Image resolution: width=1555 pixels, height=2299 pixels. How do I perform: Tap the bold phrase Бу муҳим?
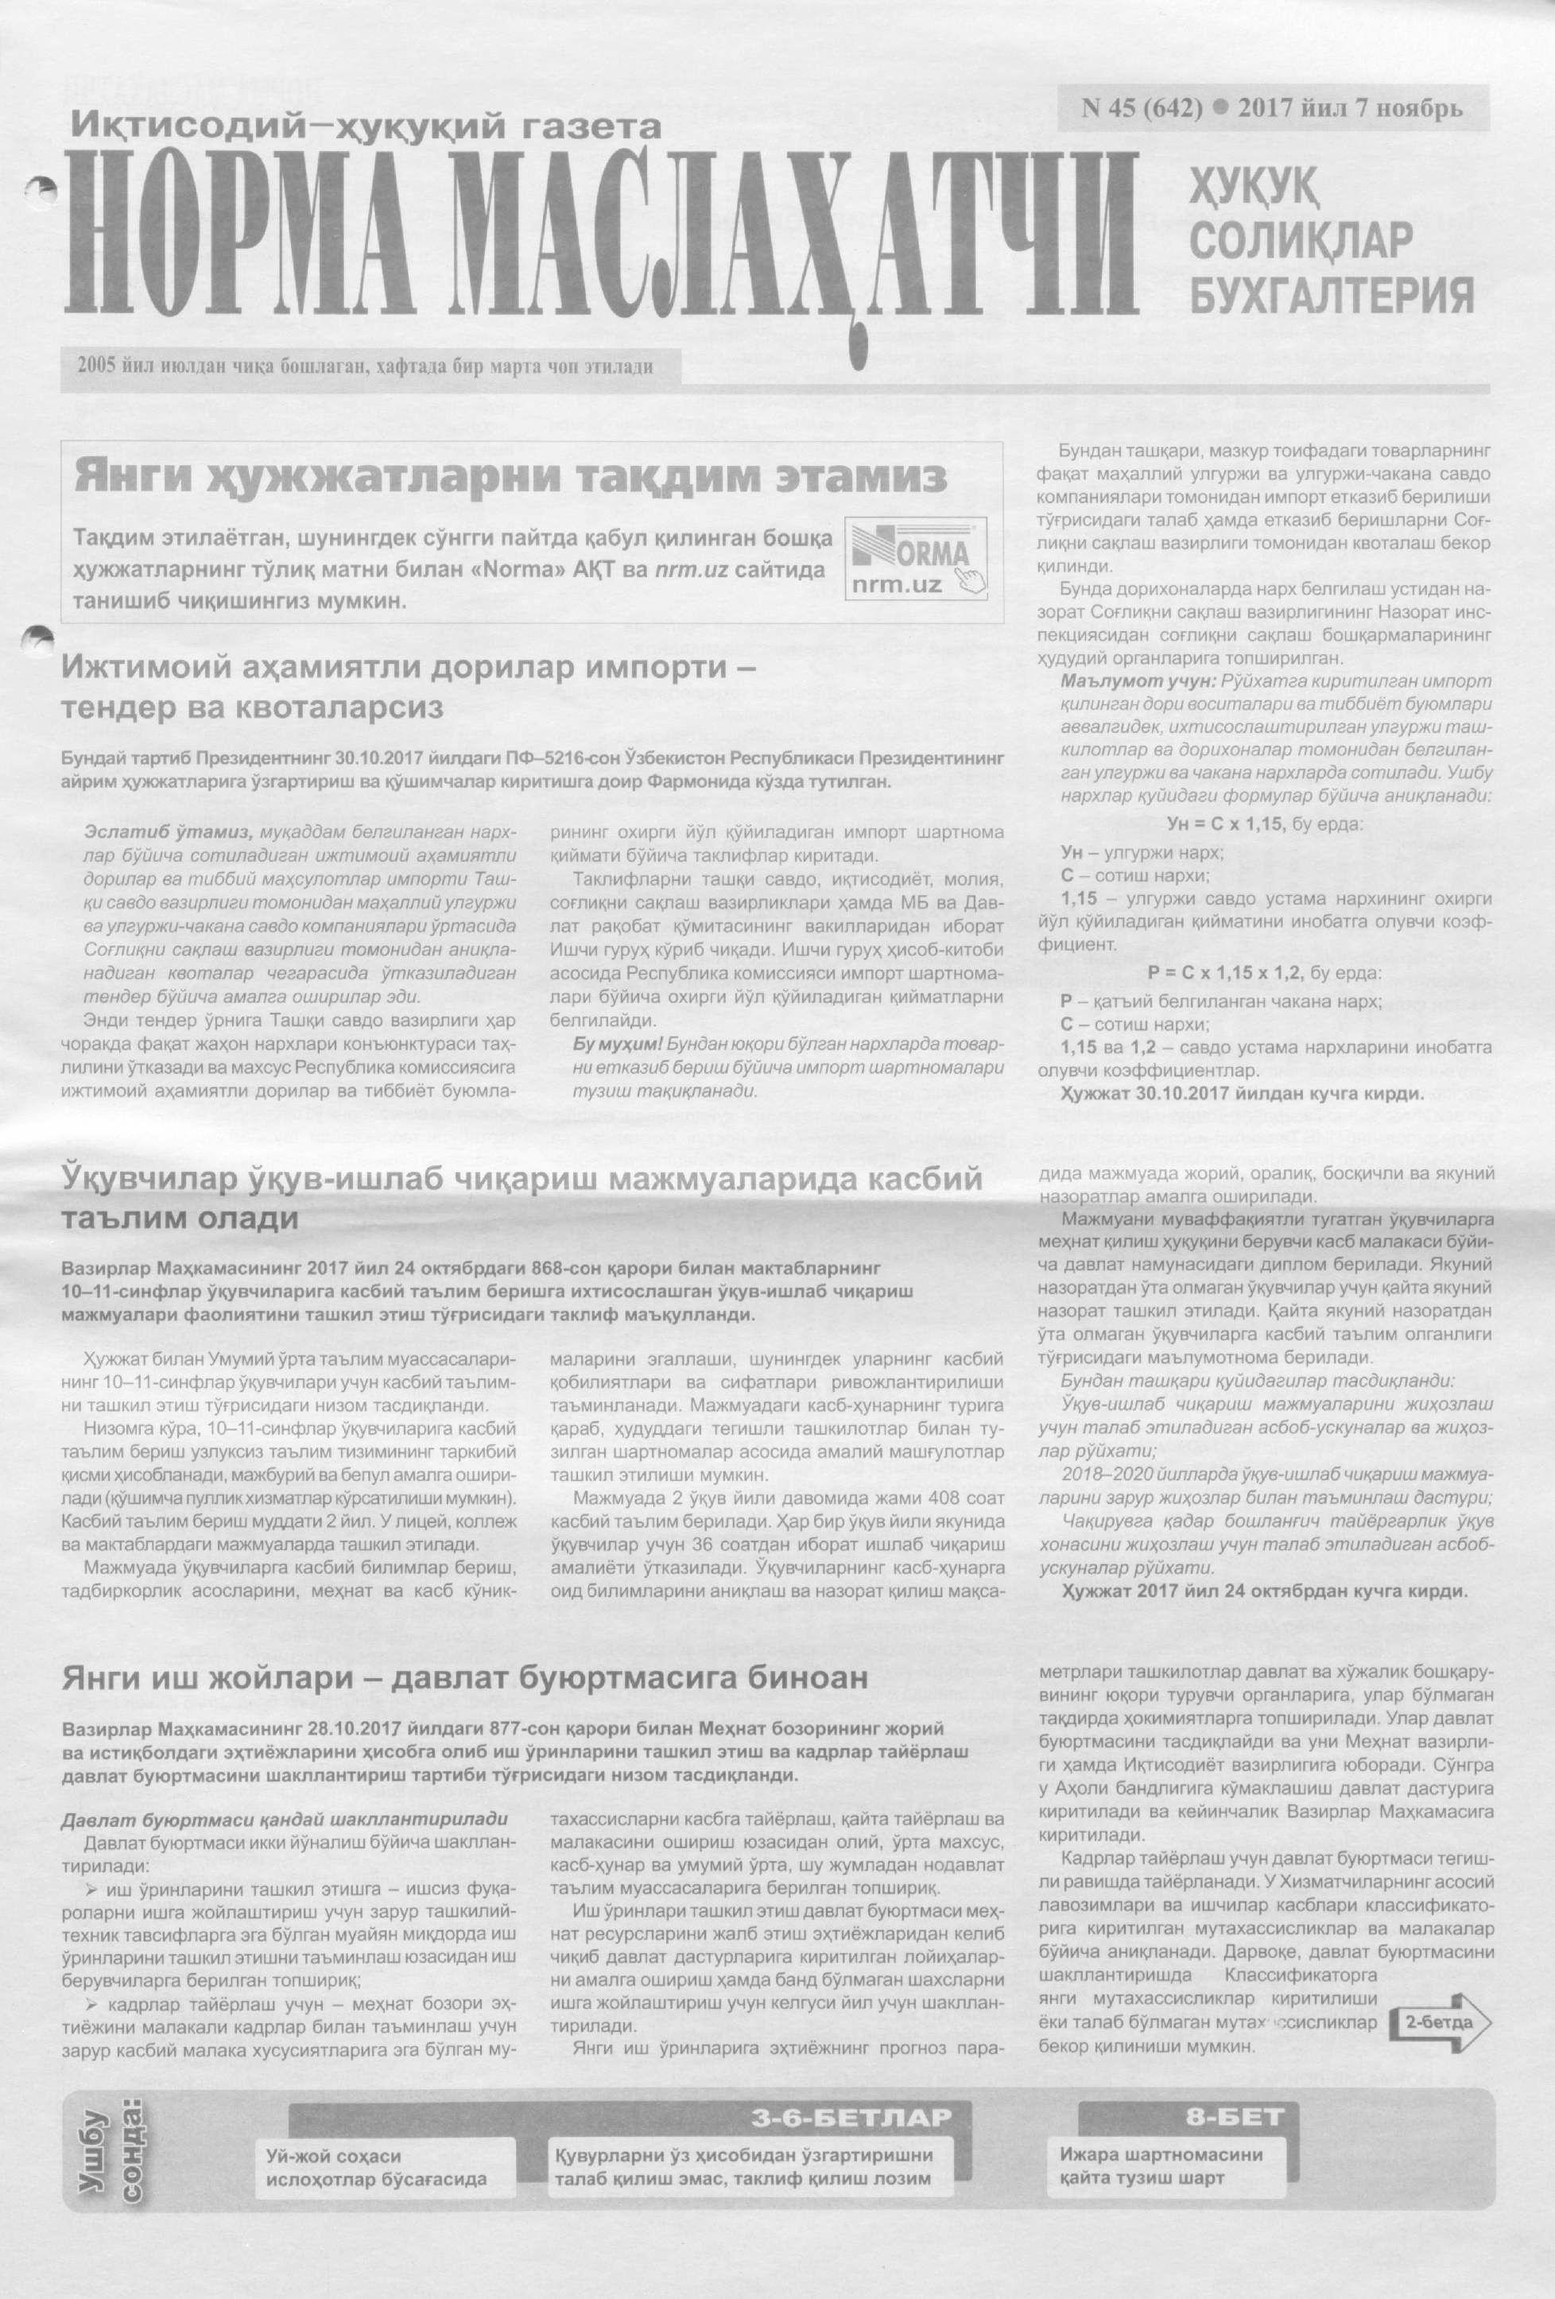619,1045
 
